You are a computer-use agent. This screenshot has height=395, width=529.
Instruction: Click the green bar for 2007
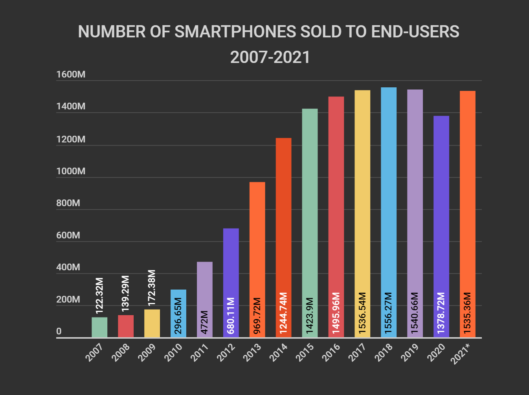(x=99, y=327)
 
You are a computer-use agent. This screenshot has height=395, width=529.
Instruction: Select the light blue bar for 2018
(x=389, y=212)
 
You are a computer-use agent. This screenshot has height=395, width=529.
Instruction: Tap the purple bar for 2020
(x=441, y=226)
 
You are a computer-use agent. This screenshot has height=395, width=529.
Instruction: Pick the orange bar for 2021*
(x=467, y=214)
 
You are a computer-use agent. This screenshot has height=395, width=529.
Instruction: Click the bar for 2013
(x=257, y=260)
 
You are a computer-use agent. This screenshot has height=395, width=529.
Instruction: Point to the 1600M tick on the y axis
(x=71, y=75)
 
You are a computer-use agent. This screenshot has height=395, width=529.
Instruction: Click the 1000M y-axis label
(x=71, y=171)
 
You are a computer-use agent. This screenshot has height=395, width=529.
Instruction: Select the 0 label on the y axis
(x=59, y=331)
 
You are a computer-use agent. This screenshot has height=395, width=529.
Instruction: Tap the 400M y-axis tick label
(x=68, y=267)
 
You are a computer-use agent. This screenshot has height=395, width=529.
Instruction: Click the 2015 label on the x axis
(x=305, y=352)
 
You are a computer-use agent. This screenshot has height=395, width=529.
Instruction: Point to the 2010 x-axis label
(x=173, y=352)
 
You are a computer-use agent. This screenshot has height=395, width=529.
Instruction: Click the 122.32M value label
(x=100, y=295)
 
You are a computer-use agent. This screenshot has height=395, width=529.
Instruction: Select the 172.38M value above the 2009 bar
(x=152, y=288)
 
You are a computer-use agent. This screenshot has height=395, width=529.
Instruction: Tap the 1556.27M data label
(x=389, y=313)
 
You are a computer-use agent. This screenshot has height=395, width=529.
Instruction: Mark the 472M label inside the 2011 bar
(x=204, y=322)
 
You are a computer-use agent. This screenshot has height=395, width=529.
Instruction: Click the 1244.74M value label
(x=283, y=313)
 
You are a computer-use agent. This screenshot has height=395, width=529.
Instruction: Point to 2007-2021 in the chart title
(x=270, y=57)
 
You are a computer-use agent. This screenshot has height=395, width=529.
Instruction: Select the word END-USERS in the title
(x=415, y=32)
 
